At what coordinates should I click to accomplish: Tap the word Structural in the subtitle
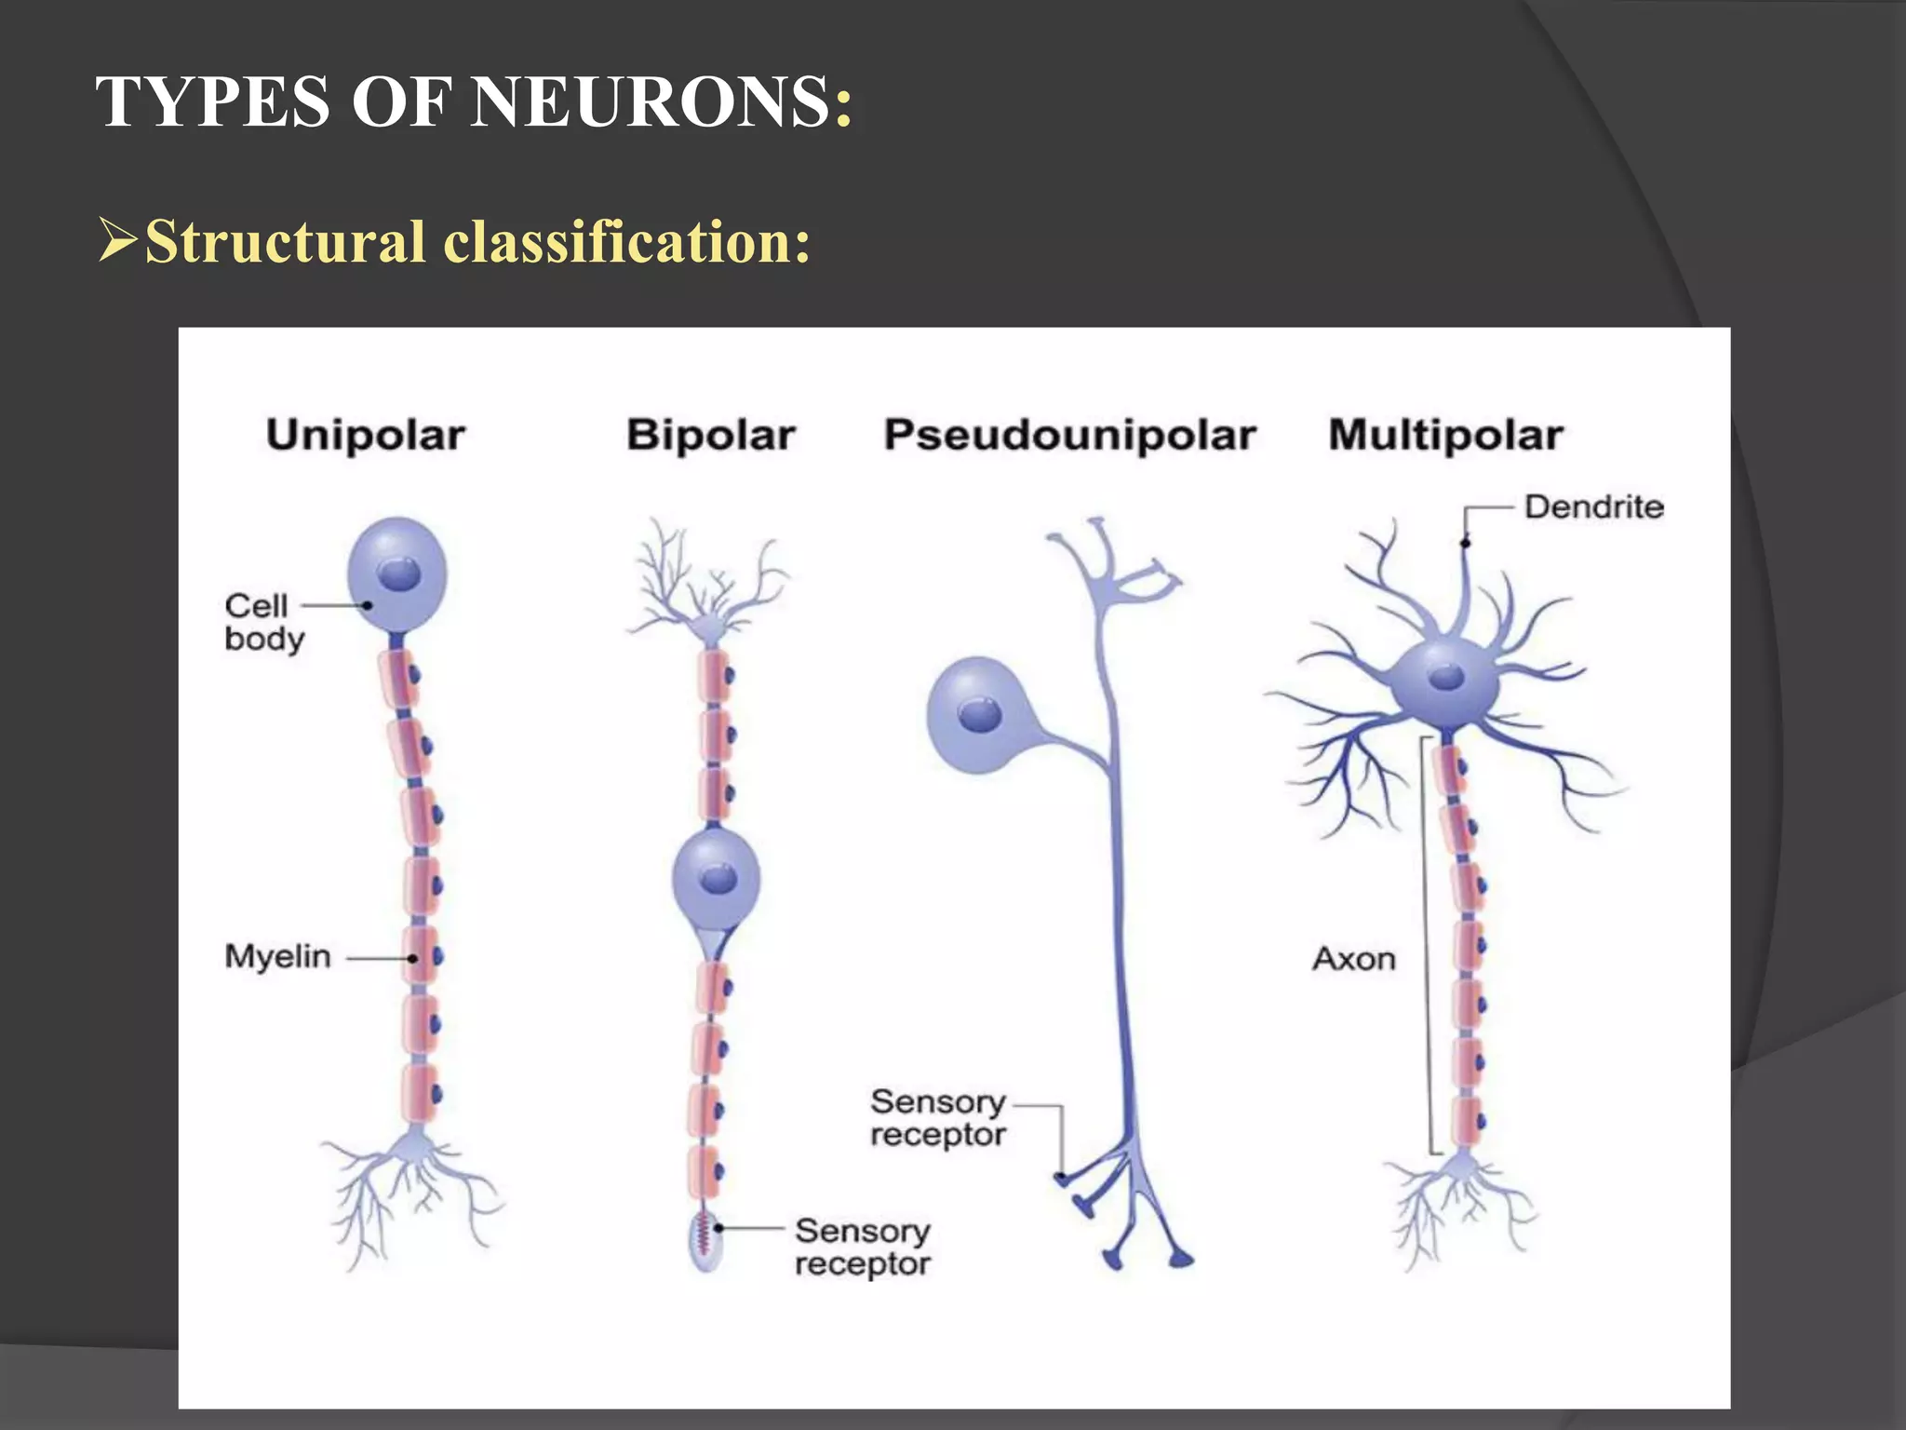pyautogui.click(x=285, y=242)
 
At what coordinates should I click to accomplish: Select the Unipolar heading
pyautogui.click(x=366, y=435)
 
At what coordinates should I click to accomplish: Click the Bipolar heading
pyautogui.click(x=711, y=435)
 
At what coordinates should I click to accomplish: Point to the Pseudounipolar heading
pyautogui.click(x=1069, y=435)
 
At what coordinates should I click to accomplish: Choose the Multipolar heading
pyautogui.click(x=1445, y=435)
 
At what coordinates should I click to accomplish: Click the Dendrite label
pyautogui.click(x=1593, y=507)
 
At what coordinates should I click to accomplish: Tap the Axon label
pyautogui.click(x=1354, y=959)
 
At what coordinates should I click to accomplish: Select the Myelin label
pyautogui.click(x=277, y=956)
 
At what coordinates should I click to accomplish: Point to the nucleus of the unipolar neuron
pyautogui.click(x=400, y=573)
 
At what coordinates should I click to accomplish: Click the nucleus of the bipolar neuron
pyautogui.click(x=718, y=878)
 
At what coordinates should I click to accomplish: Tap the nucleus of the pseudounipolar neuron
pyautogui.click(x=980, y=715)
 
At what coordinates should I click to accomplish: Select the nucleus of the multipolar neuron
pyautogui.click(x=1446, y=676)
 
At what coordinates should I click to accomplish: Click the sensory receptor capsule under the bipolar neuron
pyautogui.click(x=705, y=1241)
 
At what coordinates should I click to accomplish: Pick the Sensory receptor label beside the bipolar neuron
pyautogui.click(x=862, y=1248)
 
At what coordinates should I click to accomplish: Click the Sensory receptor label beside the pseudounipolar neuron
pyautogui.click(x=937, y=1118)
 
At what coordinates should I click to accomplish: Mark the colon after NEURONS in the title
pyautogui.click(x=843, y=102)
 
